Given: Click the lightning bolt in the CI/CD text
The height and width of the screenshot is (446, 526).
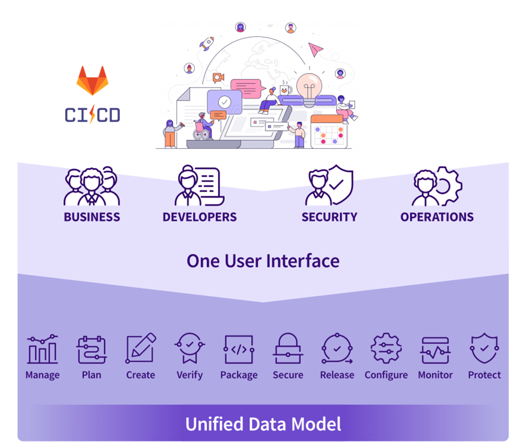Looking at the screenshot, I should tap(92, 115).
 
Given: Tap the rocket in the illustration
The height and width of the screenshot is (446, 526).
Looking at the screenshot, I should tap(207, 43).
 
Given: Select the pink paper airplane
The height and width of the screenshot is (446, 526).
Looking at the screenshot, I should tap(316, 48).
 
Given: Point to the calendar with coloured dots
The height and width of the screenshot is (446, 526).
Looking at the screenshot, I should tap(328, 131).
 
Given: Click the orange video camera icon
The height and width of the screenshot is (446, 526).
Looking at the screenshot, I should tap(218, 77).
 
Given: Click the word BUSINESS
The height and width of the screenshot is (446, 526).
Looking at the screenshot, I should tap(92, 217).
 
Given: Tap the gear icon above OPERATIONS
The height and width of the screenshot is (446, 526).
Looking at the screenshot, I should tap(448, 186).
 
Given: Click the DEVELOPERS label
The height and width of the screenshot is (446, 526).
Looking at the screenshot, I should tap(200, 217).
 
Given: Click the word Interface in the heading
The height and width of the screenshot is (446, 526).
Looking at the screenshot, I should tap(303, 261).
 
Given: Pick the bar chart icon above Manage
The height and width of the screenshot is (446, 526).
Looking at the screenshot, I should tap(42, 349).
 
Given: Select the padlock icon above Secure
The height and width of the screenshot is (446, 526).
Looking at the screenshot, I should tap(288, 349).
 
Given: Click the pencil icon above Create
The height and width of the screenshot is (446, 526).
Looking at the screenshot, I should tap(141, 349).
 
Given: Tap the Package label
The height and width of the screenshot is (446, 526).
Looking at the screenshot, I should tap(239, 375).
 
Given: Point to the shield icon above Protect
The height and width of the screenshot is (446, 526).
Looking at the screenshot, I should tap(484, 349).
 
